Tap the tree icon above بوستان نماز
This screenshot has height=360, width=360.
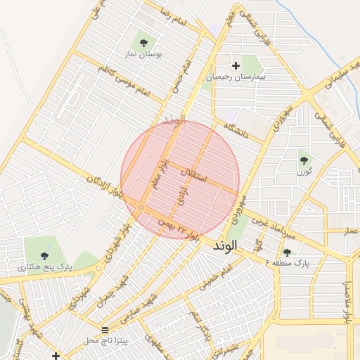143,43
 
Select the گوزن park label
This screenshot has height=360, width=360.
304,171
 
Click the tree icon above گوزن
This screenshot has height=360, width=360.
304,159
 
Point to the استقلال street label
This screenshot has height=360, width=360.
195,176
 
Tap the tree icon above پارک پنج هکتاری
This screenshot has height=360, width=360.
44,256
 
